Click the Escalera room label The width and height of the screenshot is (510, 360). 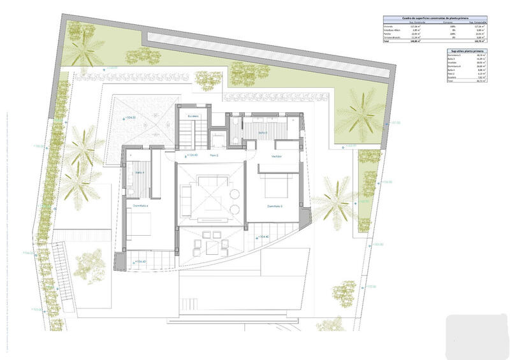(x=193, y=116)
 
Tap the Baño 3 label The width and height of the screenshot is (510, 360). (x=263, y=133)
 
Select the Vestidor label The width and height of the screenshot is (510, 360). (x=276, y=155)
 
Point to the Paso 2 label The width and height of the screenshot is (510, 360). (x=214, y=155)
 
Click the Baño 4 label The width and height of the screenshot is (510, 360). (x=140, y=172)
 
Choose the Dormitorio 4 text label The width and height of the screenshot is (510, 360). (x=140, y=206)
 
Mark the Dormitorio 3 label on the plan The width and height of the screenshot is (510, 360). (x=275, y=206)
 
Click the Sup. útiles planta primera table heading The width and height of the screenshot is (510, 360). (x=467, y=50)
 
